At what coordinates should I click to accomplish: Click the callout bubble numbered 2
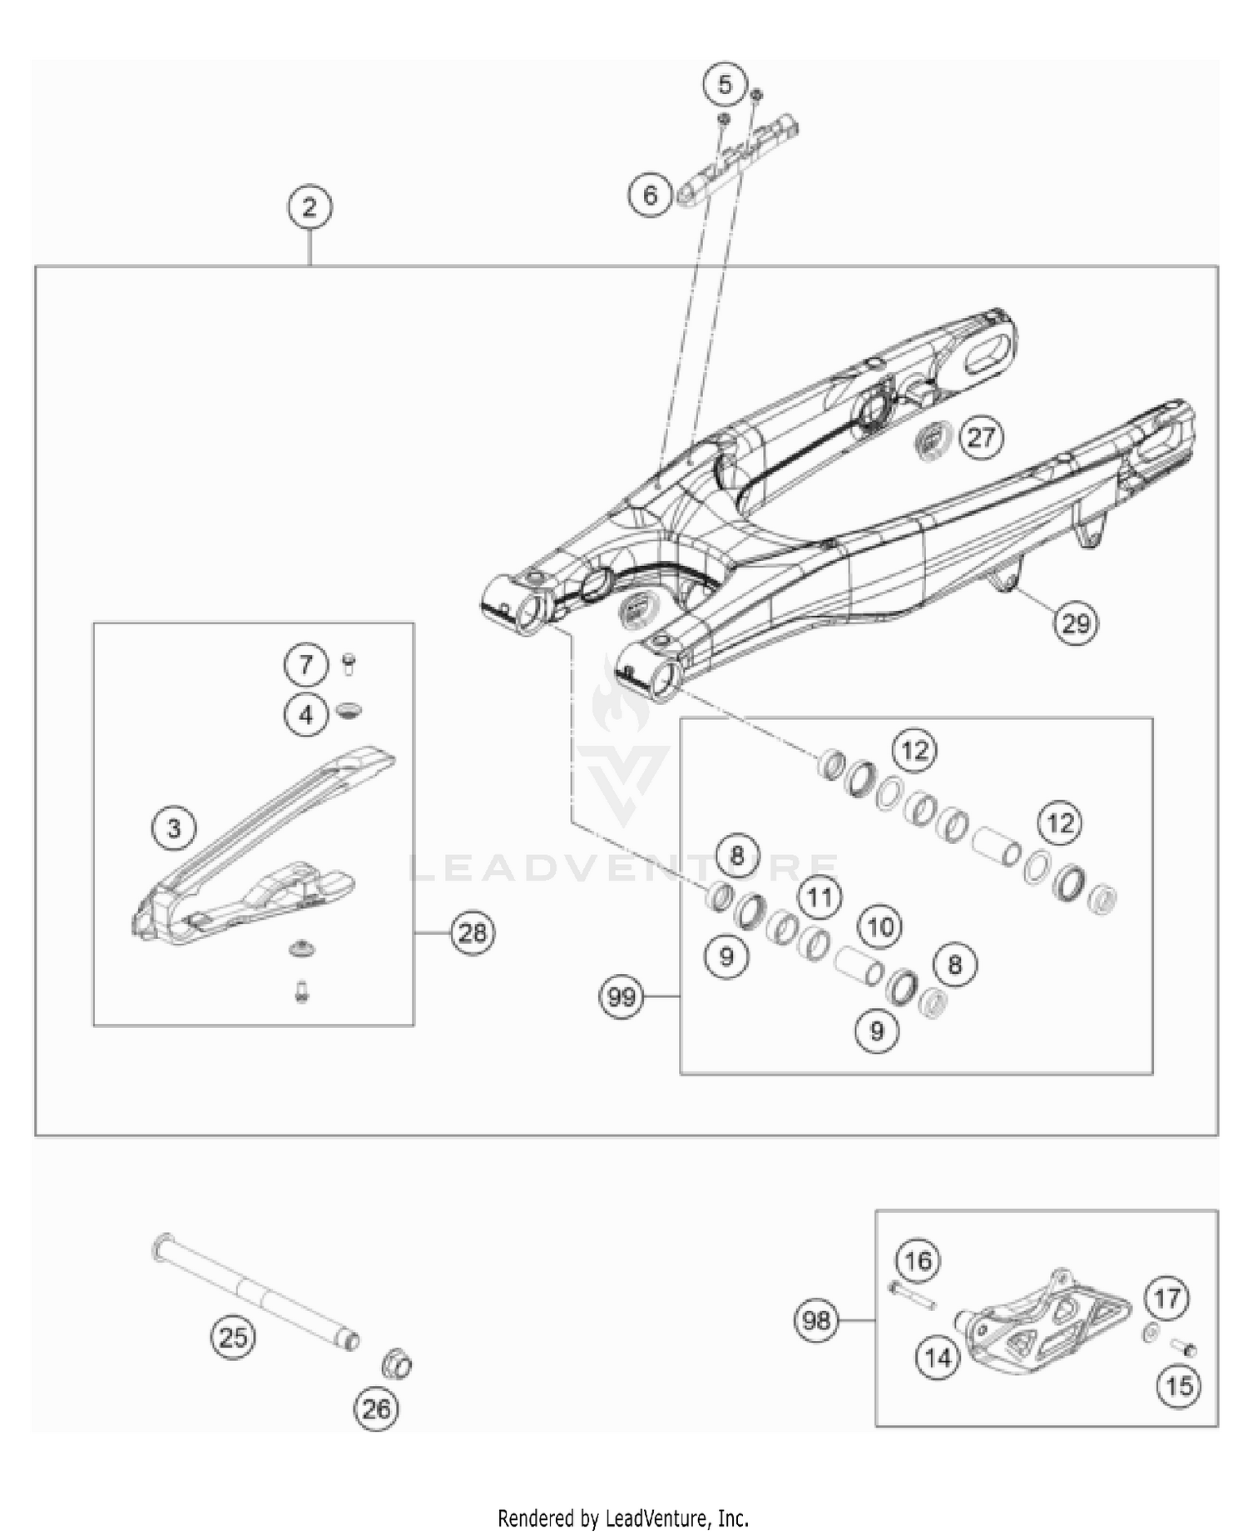[x=310, y=207]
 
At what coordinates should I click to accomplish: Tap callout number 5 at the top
[x=725, y=84]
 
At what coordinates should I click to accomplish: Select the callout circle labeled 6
[x=651, y=195]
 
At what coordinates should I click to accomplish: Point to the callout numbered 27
[x=981, y=437]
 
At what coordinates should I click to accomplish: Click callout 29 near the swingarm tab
[x=1076, y=623]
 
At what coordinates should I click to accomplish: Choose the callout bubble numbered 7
[x=305, y=664]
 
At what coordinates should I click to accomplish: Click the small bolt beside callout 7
[x=348, y=663]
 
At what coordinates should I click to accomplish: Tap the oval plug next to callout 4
[x=349, y=712]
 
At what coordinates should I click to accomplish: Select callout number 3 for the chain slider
[x=174, y=828]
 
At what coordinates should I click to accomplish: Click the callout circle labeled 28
[x=473, y=932]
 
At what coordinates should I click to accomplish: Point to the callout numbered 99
[x=622, y=996]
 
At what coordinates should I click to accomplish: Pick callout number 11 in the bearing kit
[x=820, y=897]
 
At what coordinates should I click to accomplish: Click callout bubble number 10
[x=880, y=926]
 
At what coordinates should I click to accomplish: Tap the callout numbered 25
[x=233, y=1338]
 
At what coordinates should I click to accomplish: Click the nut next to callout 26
[x=397, y=1365]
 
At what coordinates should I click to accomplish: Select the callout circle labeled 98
[x=816, y=1320]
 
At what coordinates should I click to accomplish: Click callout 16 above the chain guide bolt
[x=919, y=1261]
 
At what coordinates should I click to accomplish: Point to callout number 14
[x=938, y=1358]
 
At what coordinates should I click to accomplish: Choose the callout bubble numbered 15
[x=1180, y=1386]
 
